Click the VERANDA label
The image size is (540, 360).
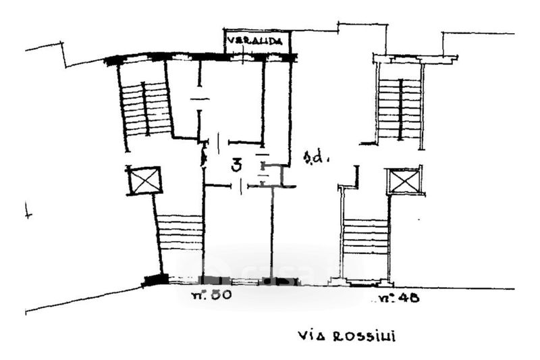[x=258, y=41]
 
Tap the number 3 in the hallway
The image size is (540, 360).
[x=237, y=165]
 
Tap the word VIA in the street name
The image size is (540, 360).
[x=310, y=336]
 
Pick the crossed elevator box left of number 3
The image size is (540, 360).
[x=144, y=180]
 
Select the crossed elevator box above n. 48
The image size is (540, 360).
[x=405, y=181]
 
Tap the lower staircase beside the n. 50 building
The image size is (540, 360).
[x=180, y=233]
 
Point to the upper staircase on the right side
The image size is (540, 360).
[x=400, y=108]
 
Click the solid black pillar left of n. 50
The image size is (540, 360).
[x=156, y=279]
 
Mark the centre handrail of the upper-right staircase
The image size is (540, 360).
[x=400, y=108]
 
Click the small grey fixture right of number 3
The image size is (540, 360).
[x=263, y=169]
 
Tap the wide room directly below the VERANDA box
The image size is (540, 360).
[x=231, y=101]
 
